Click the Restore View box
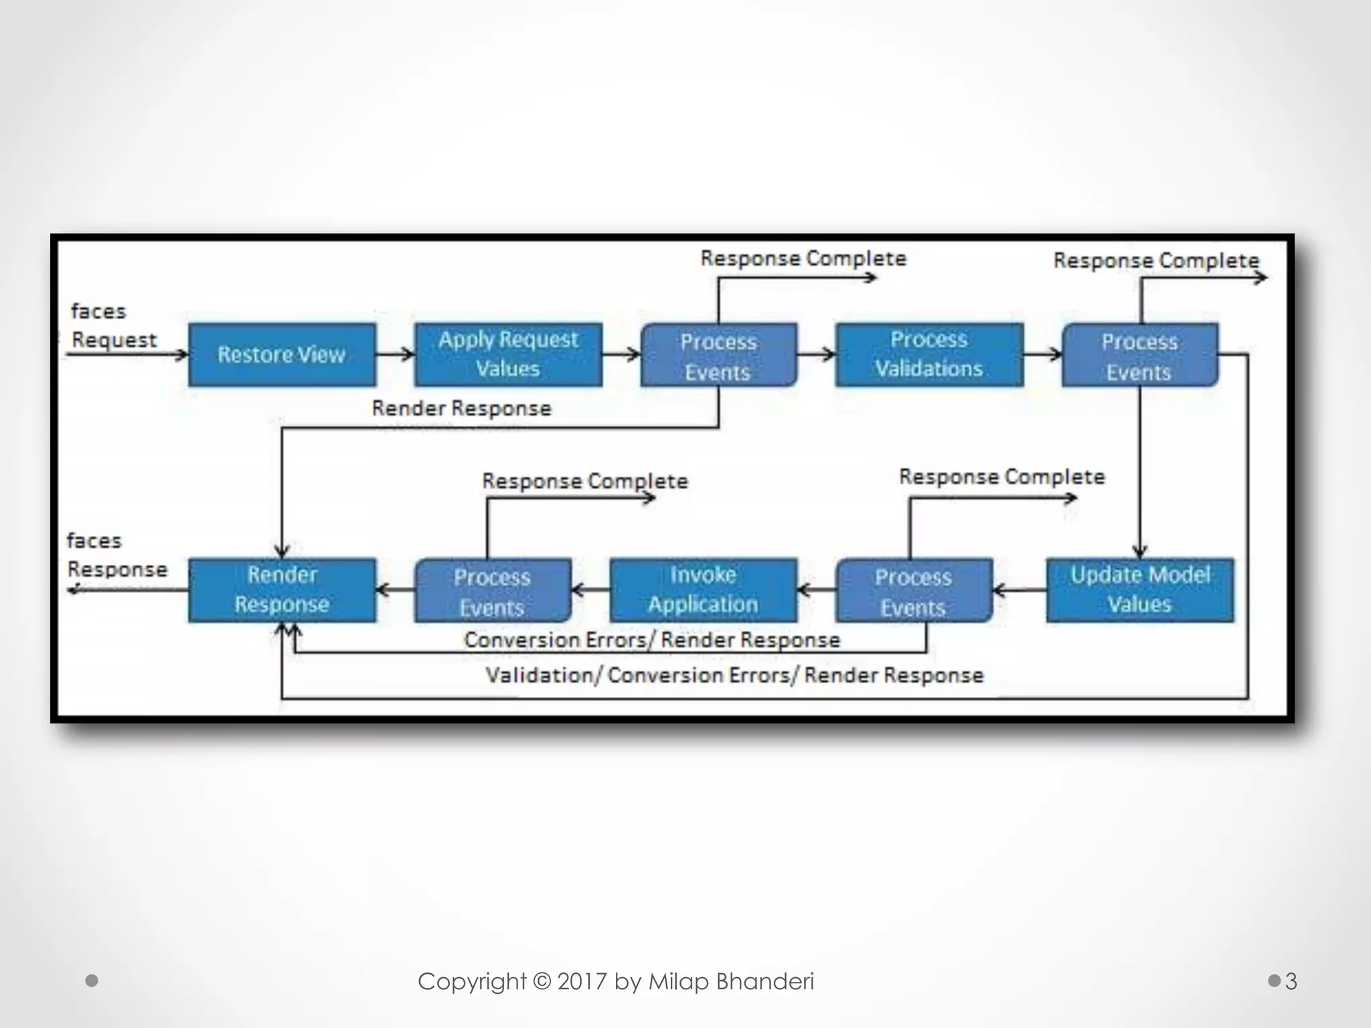282,355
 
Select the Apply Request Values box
508,355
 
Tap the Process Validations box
929,355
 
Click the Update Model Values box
1140,590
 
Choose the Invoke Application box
704,590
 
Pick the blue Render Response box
282,590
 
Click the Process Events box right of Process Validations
1140,355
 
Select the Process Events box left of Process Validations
718,355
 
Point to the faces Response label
117,555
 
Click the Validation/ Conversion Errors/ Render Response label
734,675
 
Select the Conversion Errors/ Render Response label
652,640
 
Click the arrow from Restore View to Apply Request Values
396,354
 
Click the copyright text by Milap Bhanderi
616,981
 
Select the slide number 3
1291,981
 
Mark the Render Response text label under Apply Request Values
462,408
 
